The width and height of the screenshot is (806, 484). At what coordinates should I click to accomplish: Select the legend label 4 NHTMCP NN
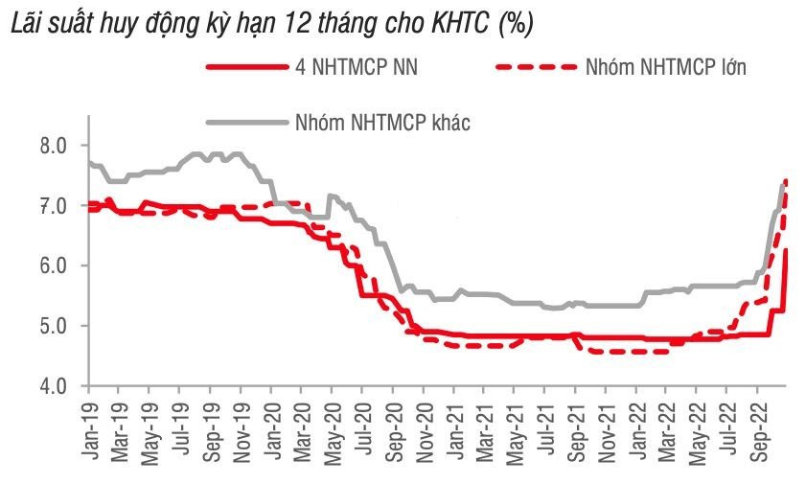click(x=356, y=66)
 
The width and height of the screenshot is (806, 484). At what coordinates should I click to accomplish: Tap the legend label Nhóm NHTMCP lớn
click(x=665, y=66)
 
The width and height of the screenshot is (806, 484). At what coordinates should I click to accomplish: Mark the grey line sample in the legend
click(x=246, y=122)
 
